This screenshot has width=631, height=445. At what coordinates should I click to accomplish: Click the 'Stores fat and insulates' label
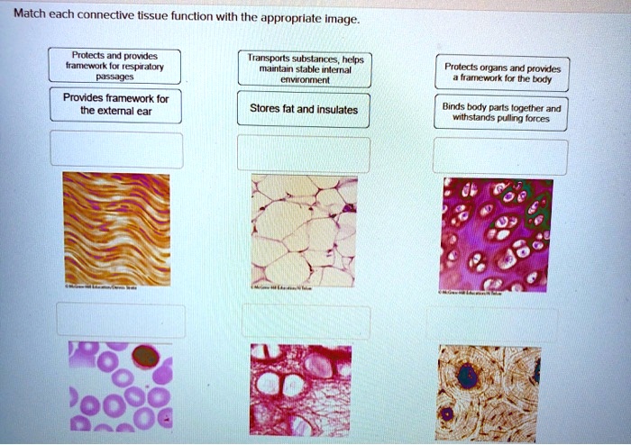pyautogui.click(x=304, y=110)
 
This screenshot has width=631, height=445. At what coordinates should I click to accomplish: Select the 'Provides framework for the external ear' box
pyautogui.click(x=116, y=104)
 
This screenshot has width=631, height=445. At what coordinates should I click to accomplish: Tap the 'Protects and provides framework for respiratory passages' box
pyautogui.click(x=116, y=65)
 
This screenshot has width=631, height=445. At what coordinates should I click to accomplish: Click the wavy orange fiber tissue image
pyautogui.click(x=116, y=230)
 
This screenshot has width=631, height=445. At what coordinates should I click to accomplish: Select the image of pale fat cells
pyautogui.click(x=304, y=230)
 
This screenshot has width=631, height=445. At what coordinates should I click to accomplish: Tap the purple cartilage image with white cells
pyautogui.click(x=498, y=234)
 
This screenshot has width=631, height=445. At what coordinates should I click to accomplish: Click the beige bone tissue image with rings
pyautogui.click(x=489, y=386)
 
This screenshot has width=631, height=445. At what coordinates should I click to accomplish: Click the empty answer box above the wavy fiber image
pyautogui.click(x=116, y=150)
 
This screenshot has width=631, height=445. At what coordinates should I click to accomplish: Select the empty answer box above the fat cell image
pyautogui.click(x=304, y=153)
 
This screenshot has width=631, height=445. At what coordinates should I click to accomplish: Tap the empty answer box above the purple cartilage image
pyautogui.click(x=500, y=155)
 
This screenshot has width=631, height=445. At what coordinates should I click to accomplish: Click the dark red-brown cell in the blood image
pyautogui.click(x=145, y=358)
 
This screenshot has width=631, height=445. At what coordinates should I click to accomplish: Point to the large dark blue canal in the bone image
pyautogui.click(x=467, y=375)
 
